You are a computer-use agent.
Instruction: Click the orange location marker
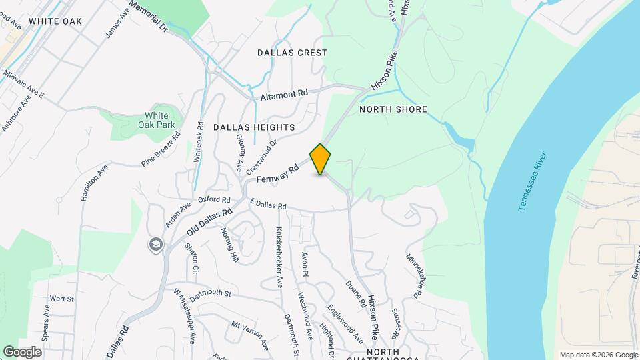coord(321,159)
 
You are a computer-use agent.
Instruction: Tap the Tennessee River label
coord(533,182)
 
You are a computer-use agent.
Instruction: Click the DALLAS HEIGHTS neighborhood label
coord(254,127)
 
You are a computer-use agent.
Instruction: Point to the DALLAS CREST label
coord(293,53)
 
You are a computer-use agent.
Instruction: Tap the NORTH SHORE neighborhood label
coord(393,109)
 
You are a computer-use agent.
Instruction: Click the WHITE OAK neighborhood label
coord(55,21)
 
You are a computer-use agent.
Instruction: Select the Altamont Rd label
coord(285,95)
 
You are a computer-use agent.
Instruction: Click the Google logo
coord(22,351)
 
